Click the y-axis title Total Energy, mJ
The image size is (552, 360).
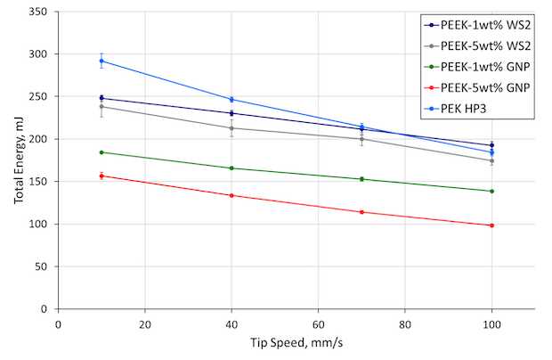coord(19,161)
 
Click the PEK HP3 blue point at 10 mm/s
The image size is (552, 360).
coord(101,61)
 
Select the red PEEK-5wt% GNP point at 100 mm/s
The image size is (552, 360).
coord(491,225)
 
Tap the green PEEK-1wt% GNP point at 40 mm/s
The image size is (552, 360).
coord(231,168)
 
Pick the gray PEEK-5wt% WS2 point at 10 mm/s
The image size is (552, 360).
coord(101,107)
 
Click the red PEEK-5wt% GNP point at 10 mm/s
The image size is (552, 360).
coord(101,176)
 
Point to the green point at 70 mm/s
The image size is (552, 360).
coord(361,179)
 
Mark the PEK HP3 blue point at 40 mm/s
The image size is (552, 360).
coord(231,100)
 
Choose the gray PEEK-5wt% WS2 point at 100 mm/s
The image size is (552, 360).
coord(491,160)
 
